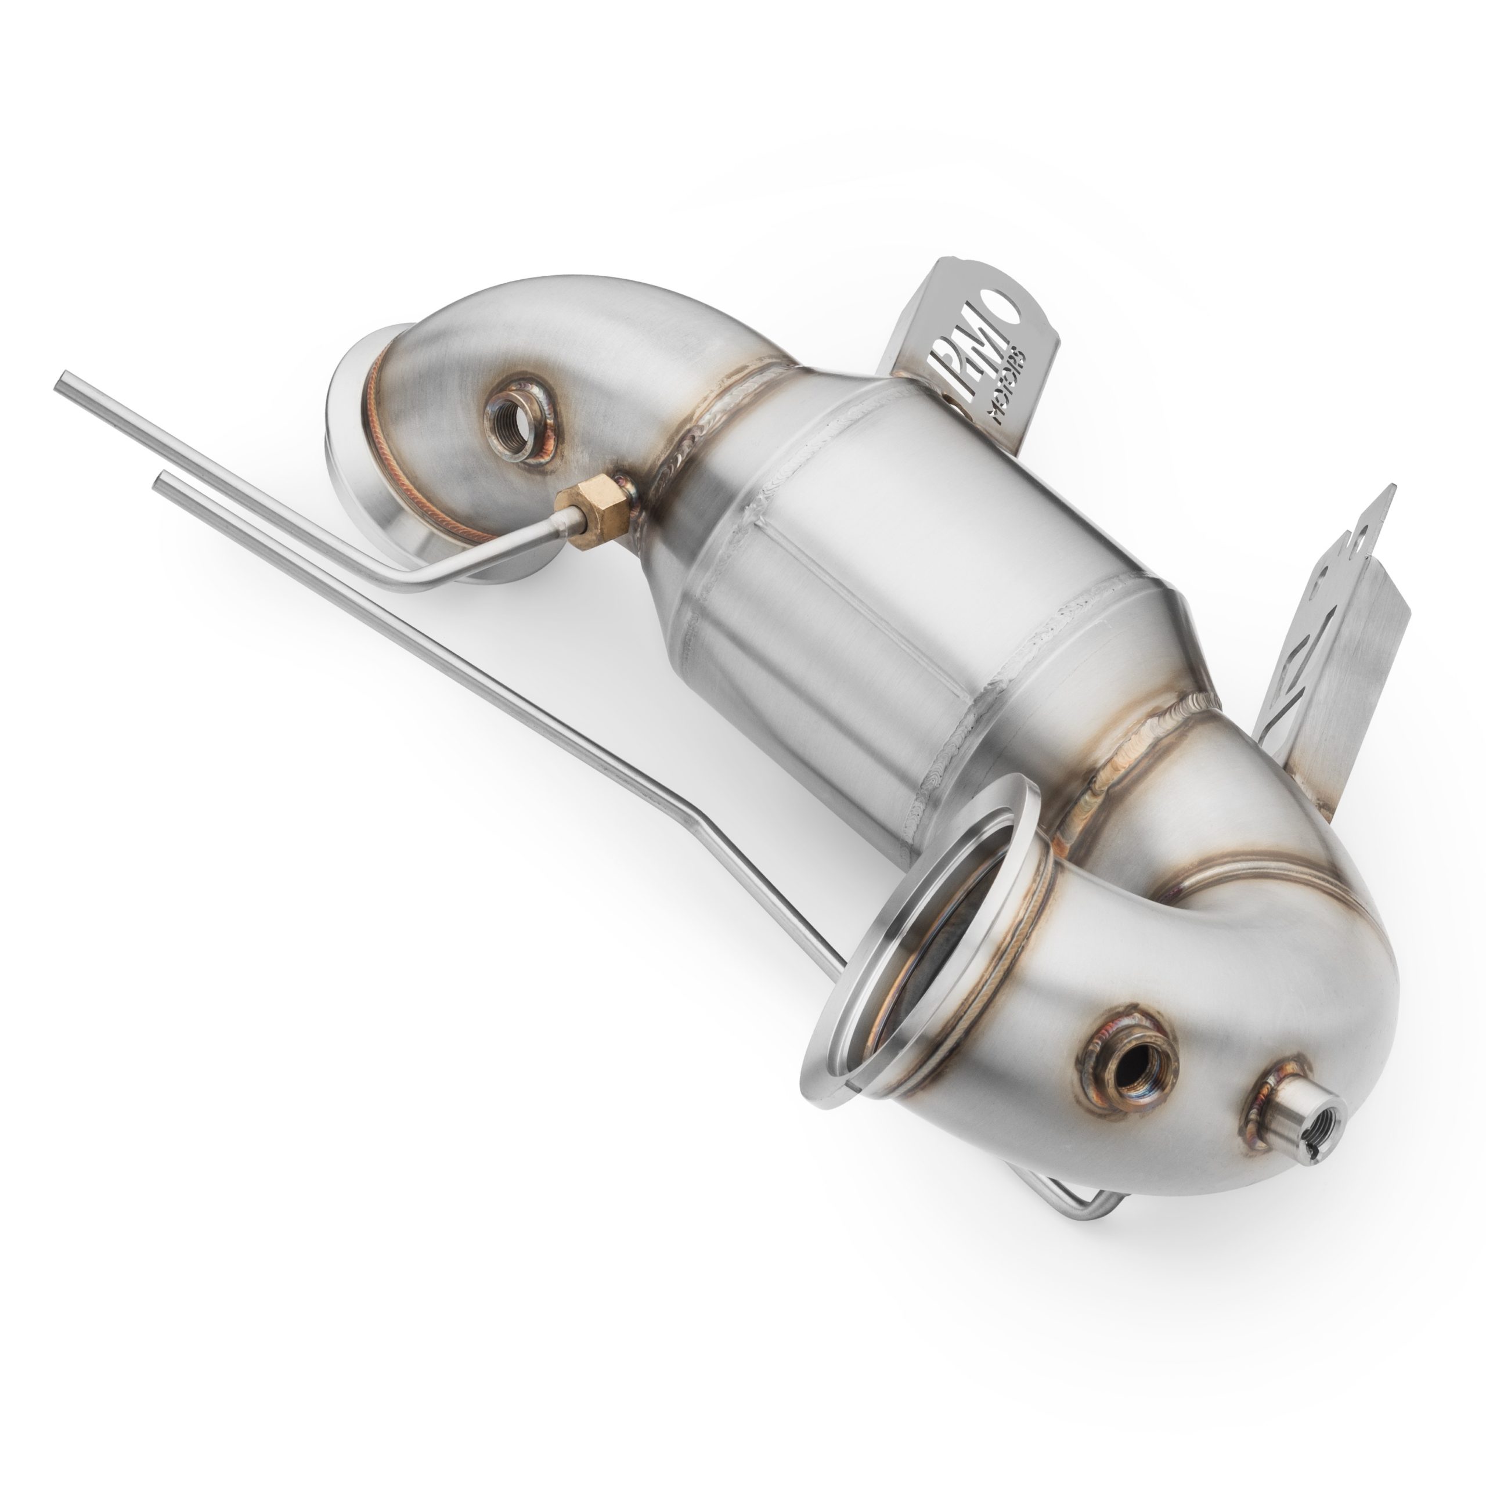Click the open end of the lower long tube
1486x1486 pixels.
point(161,481)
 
